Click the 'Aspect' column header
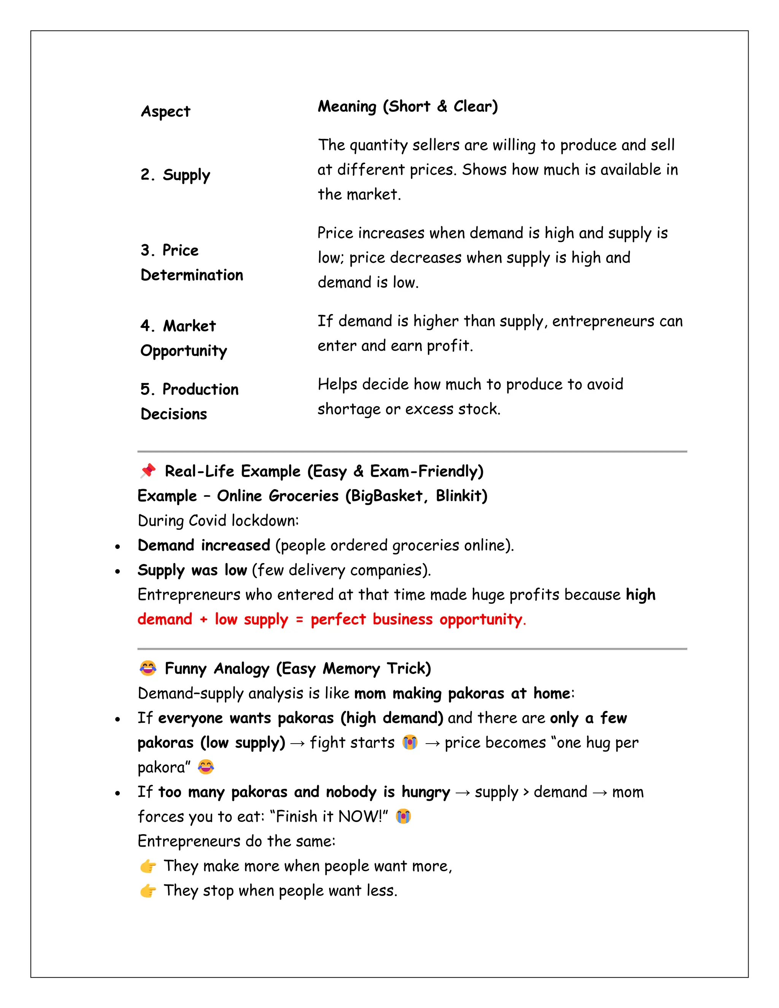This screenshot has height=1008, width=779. tap(165, 112)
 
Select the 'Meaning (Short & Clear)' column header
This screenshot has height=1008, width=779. tap(407, 107)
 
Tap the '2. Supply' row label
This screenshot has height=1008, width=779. tap(175, 175)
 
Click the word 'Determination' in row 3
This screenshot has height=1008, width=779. tap(192, 275)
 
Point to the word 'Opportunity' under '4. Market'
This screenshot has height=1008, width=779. tap(184, 351)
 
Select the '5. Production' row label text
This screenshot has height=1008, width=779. tap(189, 389)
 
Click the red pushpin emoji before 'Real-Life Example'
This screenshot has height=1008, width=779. tap(148, 471)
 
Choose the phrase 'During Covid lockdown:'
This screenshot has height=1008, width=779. tap(218, 521)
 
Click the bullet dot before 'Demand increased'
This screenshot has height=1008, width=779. tap(118, 547)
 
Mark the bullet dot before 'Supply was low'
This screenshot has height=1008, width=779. tap(118, 571)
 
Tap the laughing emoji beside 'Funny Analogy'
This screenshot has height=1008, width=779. tap(148, 668)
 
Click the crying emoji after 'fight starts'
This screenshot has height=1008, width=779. tap(410, 742)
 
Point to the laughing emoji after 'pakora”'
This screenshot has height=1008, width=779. tap(206, 767)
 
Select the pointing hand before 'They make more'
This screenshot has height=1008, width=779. tap(148, 866)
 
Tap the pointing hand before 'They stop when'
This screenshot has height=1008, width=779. tap(148, 891)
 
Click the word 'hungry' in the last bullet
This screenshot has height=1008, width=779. tap(426, 792)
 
